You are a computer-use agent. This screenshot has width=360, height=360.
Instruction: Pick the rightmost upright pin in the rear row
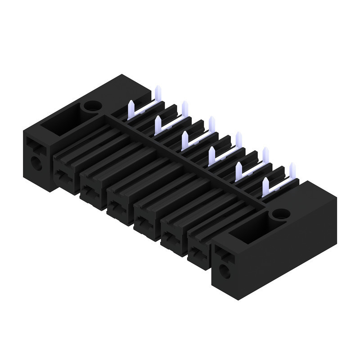[x=292, y=171]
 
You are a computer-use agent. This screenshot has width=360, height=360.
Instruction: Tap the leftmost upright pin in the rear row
[x=158, y=93]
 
